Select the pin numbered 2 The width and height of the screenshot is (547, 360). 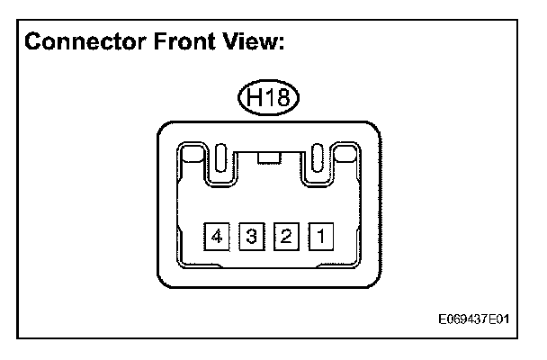(x=286, y=237)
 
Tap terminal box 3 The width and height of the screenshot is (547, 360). (x=252, y=237)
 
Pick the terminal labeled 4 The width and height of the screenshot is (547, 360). (x=217, y=237)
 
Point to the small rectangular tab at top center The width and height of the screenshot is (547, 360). (x=268, y=159)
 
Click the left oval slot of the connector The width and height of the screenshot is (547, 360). (x=220, y=159)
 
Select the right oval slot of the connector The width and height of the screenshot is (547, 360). (x=317, y=159)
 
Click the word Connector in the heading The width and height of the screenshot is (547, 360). (x=81, y=42)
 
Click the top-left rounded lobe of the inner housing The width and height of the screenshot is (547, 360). (x=191, y=157)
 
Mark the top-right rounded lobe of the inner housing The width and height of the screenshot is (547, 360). (x=346, y=157)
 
